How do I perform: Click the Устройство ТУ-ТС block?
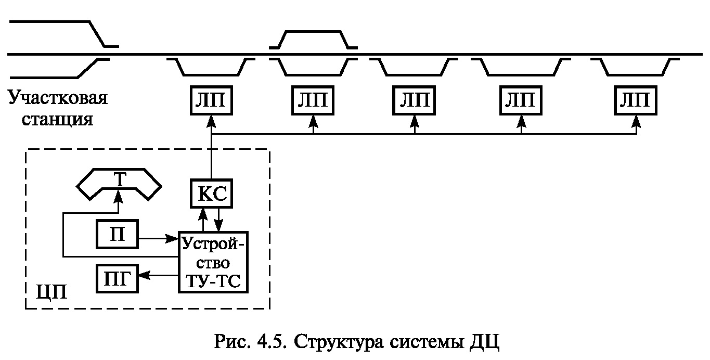click(x=213, y=262)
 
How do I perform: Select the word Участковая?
click(x=58, y=98)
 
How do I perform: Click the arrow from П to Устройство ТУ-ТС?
click(x=159, y=239)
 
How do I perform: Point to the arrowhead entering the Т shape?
click(x=119, y=194)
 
